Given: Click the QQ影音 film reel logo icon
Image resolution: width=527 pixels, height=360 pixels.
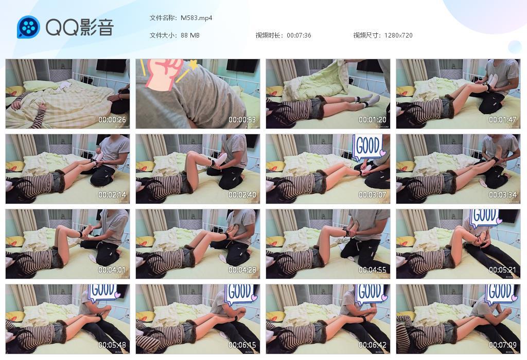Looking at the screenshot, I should (x=28, y=27).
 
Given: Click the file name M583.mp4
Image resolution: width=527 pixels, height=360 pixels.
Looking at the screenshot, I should (x=196, y=18).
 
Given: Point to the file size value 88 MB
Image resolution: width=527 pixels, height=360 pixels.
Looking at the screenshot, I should (x=190, y=35).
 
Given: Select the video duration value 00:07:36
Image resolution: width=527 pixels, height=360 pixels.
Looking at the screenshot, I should (x=298, y=35).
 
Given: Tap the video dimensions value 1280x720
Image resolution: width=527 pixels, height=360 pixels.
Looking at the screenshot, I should (x=398, y=35).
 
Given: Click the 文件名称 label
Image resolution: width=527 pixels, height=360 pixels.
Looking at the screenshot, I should (x=163, y=18).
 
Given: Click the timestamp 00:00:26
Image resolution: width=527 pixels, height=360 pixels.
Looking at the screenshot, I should (x=112, y=120).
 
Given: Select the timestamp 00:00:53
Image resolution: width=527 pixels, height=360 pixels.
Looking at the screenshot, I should (x=242, y=120).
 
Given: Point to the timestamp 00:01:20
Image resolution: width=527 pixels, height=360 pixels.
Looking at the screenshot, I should (x=373, y=120).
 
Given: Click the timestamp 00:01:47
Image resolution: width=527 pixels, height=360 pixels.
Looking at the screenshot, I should (x=502, y=120).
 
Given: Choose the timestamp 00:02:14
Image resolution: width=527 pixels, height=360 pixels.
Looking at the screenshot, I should (x=112, y=195).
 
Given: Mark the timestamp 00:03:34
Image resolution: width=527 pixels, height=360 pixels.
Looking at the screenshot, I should (x=502, y=195).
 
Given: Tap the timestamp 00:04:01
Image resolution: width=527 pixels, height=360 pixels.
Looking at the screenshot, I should (x=112, y=270).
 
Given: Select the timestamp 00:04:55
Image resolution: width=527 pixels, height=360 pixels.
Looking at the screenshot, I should (x=373, y=270).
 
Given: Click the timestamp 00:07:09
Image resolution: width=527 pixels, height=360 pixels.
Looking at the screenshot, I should (x=502, y=345).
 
